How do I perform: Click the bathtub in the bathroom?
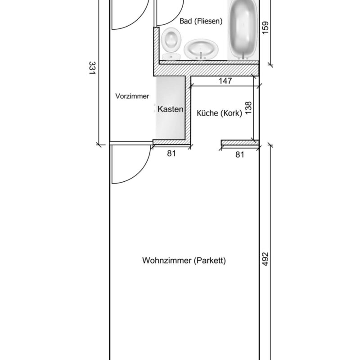pos(243,30)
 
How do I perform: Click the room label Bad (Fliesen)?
pos(201,21)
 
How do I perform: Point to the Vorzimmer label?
pos(132,96)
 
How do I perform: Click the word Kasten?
pos(171,109)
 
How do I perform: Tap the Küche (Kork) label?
pos(220,113)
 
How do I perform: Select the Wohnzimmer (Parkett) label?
pos(184,261)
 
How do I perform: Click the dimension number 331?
pos(92,68)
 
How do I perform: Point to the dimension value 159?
pos(265,28)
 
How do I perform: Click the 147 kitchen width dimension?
pos(225,81)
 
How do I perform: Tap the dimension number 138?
pos(249,108)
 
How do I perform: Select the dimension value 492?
pos(265,259)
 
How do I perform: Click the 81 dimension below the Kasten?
pos(171,153)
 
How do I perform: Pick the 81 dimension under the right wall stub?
pos(240,154)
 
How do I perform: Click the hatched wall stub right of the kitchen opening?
pos(240,143)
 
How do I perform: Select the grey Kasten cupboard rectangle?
pos(171,108)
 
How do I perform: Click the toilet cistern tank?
pos(171,57)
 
